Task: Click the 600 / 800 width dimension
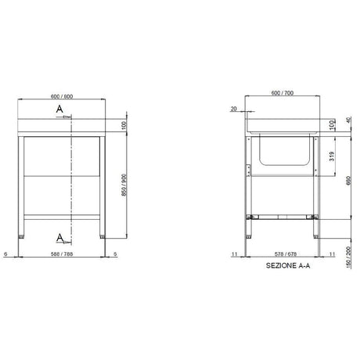[62, 96]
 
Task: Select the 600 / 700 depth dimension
[283, 93]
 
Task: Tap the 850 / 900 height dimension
[124, 185]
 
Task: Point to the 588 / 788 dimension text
[62, 254]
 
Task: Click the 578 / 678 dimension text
[286, 254]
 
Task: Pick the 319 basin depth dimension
[332, 157]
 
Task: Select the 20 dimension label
[233, 109]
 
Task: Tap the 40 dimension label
[348, 121]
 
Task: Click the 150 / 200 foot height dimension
[348, 257]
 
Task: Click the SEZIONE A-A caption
[288, 265]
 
